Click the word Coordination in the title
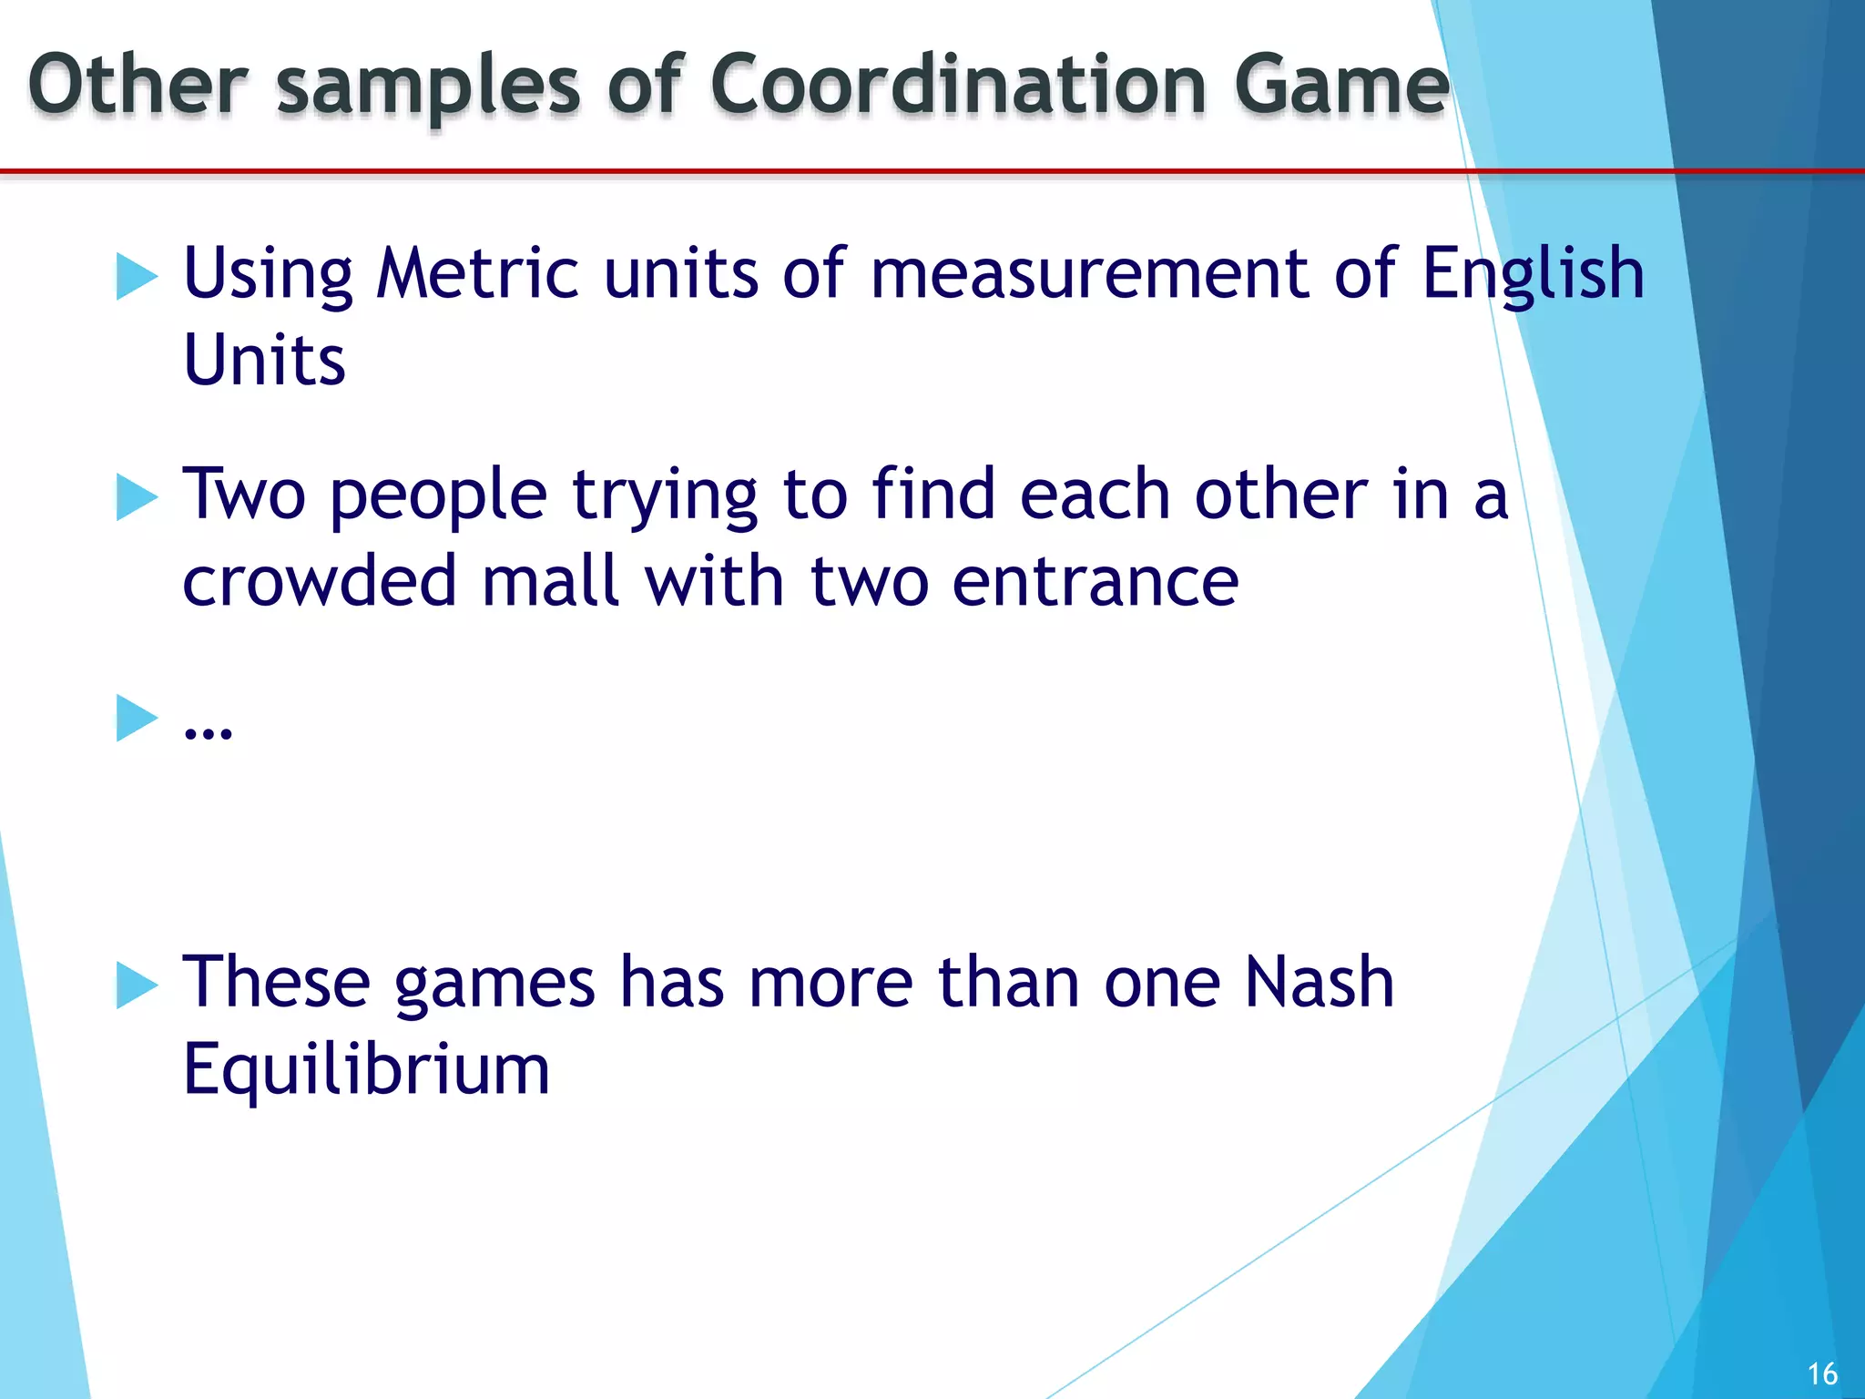coord(959,85)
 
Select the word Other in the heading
coord(138,85)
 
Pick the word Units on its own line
coord(264,361)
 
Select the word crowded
coord(319,581)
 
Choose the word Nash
coord(1320,983)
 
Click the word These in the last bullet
coord(276,983)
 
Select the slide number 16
coord(1822,1373)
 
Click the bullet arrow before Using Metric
coord(138,276)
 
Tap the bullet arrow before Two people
coord(138,497)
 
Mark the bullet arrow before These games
coord(138,985)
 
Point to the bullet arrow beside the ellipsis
coord(138,718)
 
